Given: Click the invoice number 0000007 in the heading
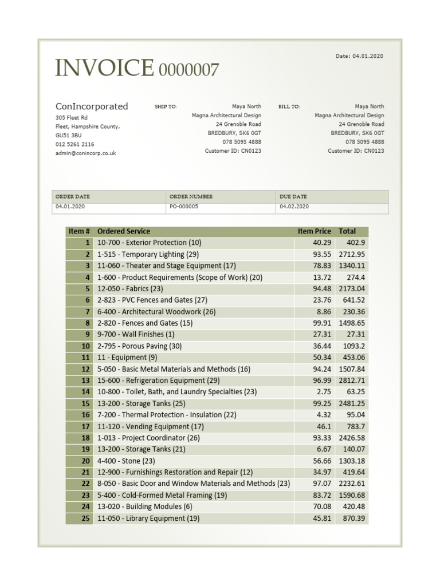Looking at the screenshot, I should [x=188, y=70].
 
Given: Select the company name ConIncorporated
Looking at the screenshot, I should [x=92, y=106].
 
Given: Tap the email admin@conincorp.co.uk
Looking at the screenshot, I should [x=85, y=153].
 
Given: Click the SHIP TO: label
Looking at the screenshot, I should [x=166, y=107].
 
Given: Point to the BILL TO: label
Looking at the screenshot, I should [x=289, y=107].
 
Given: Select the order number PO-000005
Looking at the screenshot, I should [x=184, y=207].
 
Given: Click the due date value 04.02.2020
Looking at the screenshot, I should [x=294, y=207].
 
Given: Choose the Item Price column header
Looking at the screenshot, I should [x=314, y=231].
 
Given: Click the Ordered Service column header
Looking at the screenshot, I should [x=124, y=231].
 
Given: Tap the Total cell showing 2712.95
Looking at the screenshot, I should [x=352, y=254].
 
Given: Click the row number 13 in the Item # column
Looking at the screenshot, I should [x=86, y=381].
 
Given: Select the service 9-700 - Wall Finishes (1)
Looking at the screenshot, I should [x=136, y=335].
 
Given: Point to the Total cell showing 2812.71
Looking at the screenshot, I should [x=352, y=381].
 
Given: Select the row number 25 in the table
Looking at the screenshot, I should [x=86, y=518].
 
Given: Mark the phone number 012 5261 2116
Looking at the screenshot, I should [x=75, y=144].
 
